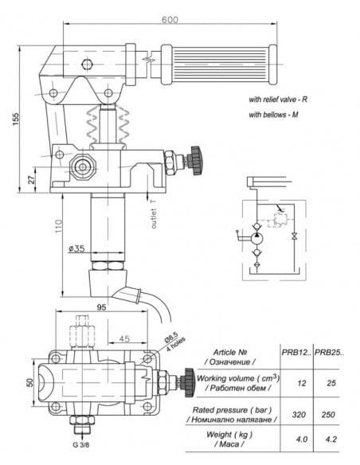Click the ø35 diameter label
pos(77,249)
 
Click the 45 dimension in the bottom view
pos(124,338)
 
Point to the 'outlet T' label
pos(152,213)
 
